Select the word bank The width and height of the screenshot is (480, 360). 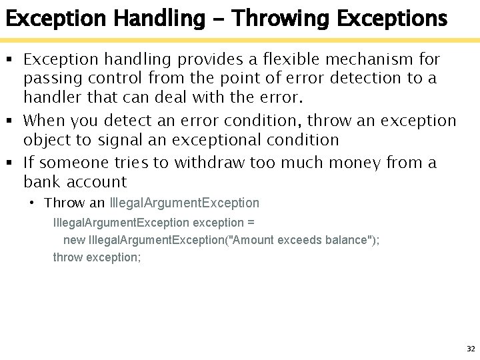click(x=41, y=181)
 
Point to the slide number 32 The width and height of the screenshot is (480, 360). click(x=471, y=349)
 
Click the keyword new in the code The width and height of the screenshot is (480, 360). click(x=74, y=240)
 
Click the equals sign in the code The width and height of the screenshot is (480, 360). click(x=251, y=222)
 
